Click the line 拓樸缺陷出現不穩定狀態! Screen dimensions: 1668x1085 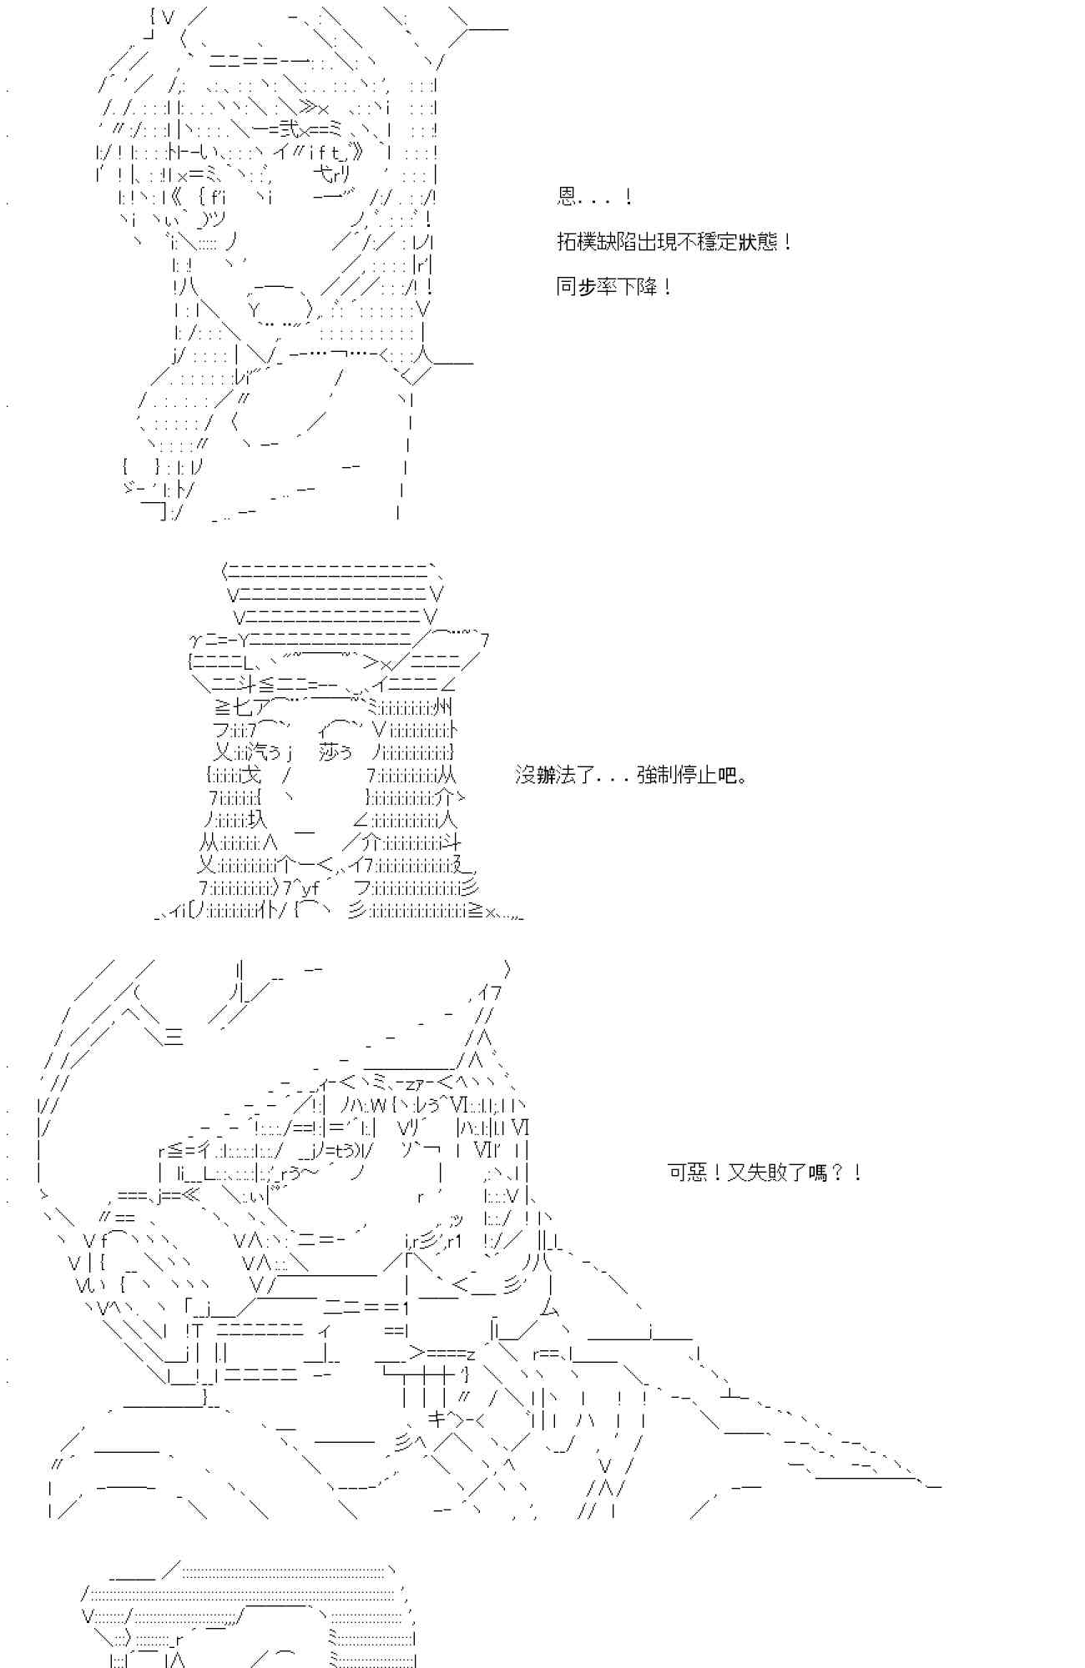point(674,243)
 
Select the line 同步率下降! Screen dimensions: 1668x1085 point(613,288)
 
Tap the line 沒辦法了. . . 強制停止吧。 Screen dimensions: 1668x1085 point(631,776)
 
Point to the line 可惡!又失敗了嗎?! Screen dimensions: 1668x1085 point(765,1173)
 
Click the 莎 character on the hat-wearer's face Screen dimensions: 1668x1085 point(330,752)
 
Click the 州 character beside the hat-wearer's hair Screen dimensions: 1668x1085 point(444,708)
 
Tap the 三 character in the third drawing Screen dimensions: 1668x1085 point(174,1037)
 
